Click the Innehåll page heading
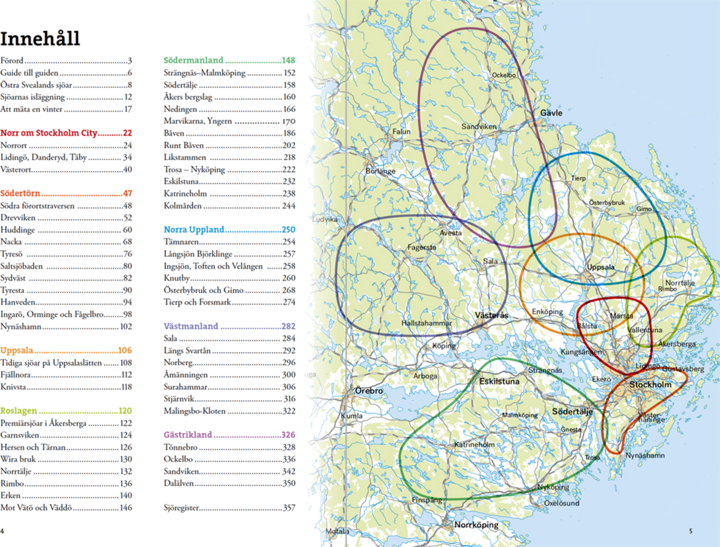coord(40,38)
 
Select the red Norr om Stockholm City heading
coord(49,133)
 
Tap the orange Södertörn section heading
coord(21,193)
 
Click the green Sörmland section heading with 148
coord(193,60)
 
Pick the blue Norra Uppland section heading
coord(194,229)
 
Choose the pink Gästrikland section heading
coord(188,435)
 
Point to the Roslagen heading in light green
coord(19,411)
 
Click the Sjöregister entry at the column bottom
coord(181,508)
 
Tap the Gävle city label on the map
coord(551,113)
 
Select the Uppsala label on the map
coord(601,267)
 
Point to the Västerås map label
coord(491,315)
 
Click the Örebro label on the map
coord(369,391)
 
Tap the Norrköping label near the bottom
coord(476,525)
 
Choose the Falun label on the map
coord(401,132)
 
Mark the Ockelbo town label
coord(504,75)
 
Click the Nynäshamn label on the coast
coord(645,456)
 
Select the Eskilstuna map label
coord(499,381)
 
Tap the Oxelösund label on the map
coord(562,503)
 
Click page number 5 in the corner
coord(691,531)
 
